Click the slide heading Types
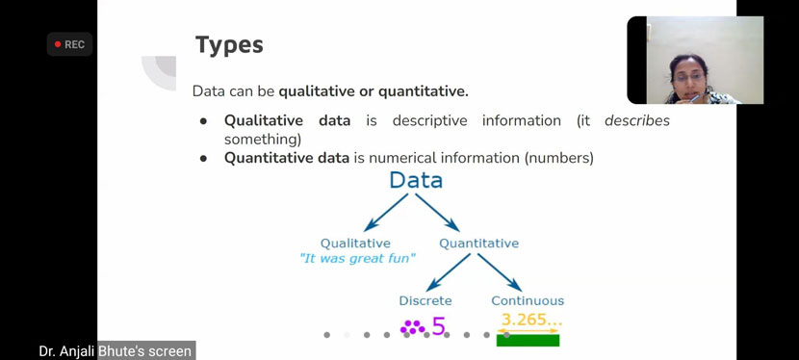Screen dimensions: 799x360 (x=229, y=45)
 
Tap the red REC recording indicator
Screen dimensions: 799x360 (x=69, y=44)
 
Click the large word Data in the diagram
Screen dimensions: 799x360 (x=416, y=180)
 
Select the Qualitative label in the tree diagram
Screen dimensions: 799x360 (x=355, y=244)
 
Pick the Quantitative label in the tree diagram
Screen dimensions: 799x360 (x=479, y=244)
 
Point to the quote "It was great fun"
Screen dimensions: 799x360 (x=358, y=259)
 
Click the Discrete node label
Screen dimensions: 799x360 (x=425, y=301)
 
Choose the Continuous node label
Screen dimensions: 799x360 (x=528, y=301)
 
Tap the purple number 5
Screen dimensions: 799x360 (x=438, y=326)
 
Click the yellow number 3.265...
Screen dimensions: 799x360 (x=531, y=320)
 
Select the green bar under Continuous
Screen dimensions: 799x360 (x=528, y=340)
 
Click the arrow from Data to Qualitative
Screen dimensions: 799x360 (x=386, y=213)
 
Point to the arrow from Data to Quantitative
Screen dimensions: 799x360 (x=437, y=213)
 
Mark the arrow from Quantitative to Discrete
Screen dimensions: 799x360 (x=448, y=273)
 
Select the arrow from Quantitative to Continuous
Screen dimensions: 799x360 (x=500, y=273)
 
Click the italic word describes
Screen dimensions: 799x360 (x=637, y=121)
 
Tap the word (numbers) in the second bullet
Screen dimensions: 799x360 (x=559, y=159)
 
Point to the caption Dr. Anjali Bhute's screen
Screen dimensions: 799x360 (x=116, y=351)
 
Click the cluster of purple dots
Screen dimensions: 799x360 (x=413, y=327)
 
